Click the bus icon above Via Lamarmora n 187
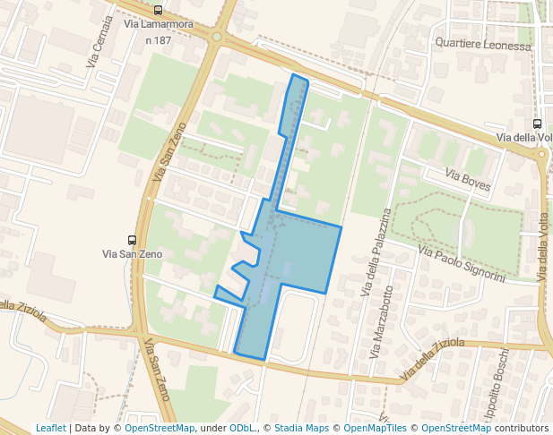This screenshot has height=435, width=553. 159,11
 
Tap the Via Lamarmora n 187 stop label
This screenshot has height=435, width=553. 158,33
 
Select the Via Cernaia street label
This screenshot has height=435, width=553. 100,40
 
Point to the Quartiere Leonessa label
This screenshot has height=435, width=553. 476,42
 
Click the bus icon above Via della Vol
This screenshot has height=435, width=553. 537,124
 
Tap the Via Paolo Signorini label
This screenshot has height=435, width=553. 462,266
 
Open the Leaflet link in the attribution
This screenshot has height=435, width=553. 50,428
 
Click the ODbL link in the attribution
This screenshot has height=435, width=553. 241,428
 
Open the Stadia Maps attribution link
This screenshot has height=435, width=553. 301,428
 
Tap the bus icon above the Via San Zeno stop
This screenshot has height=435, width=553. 133,240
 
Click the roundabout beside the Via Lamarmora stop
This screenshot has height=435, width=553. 216,38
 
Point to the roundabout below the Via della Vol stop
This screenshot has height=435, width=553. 542,154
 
